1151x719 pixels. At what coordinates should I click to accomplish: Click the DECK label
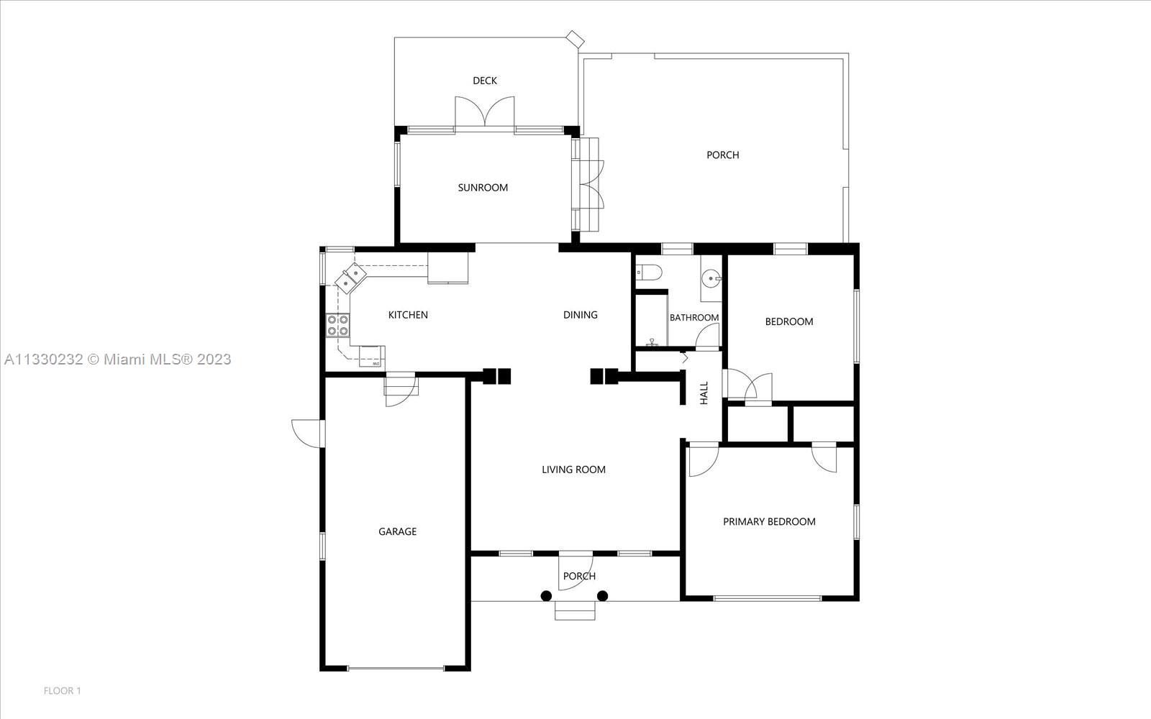click(485, 81)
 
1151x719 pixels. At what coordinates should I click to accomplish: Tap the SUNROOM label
click(483, 188)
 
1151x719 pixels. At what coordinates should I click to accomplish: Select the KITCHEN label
click(407, 315)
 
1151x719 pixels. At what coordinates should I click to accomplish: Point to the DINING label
click(580, 315)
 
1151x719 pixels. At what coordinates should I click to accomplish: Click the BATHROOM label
click(693, 317)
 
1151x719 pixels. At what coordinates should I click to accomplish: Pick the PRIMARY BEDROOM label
click(769, 522)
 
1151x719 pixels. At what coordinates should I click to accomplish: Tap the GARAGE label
click(397, 531)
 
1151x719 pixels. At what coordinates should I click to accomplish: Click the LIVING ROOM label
click(573, 470)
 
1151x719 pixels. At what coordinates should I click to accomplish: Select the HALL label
click(704, 393)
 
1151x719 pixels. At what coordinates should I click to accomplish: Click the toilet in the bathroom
click(647, 272)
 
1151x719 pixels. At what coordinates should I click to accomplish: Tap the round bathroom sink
click(711, 280)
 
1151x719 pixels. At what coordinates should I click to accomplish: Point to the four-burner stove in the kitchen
click(338, 325)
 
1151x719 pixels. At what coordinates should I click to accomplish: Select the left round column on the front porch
click(546, 596)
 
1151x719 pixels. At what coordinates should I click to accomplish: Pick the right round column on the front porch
click(603, 596)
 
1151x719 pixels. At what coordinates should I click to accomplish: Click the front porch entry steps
click(575, 610)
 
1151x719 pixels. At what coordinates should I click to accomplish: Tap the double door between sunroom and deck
click(485, 112)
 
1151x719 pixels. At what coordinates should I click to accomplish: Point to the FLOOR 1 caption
click(62, 691)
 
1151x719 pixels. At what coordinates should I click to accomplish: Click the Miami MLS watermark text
click(118, 359)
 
